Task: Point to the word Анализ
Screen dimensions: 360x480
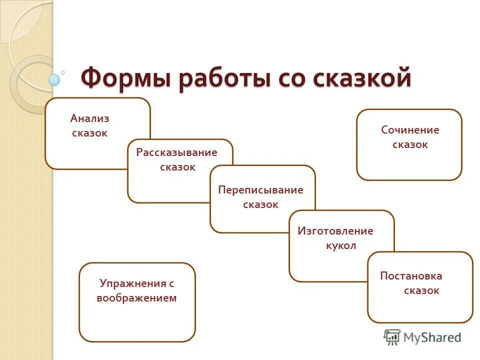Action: (x=89, y=119)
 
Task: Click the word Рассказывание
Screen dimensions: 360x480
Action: (x=176, y=152)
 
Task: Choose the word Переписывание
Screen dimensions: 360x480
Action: (x=260, y=190)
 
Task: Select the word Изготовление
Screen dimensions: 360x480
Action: (x=335, y=231)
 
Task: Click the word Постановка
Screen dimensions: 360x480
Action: (x=411, y=276)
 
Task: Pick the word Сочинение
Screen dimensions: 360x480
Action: (x=410, y=130)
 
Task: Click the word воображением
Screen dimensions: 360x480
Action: (x=137, y=298)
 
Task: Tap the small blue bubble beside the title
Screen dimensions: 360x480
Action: (x=54, y=79)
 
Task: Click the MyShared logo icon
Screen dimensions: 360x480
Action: (x=392, y=337)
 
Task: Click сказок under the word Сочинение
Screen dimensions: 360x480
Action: (x=410, y=145)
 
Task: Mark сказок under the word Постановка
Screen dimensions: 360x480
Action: (x=421, y=290)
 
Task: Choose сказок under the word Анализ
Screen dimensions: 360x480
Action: (x=89, y=133)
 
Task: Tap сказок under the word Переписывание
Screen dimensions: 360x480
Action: (x=260, y=204)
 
